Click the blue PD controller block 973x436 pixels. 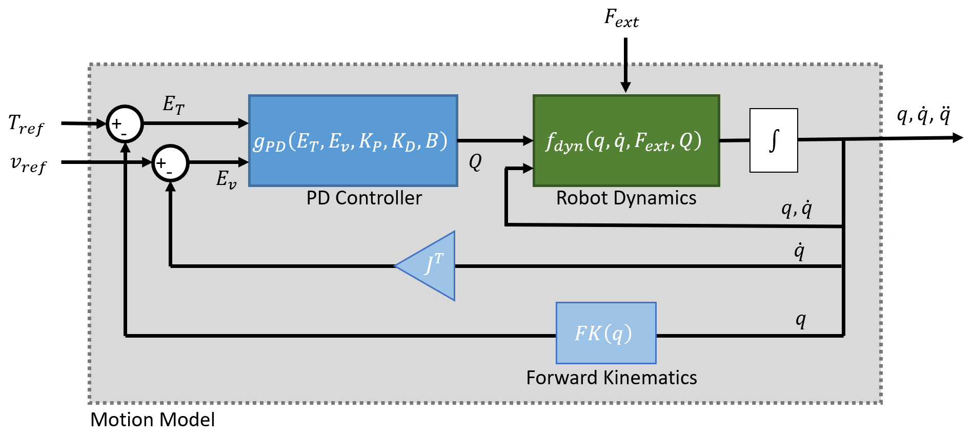353,140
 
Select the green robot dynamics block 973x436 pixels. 626,140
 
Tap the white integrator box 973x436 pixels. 773,140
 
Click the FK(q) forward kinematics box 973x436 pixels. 605,333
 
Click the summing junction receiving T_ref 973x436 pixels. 125,124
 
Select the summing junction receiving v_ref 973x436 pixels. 170,163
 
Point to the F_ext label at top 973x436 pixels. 621,19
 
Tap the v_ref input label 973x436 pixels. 29,164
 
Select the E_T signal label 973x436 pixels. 173,105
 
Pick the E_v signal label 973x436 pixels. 226,179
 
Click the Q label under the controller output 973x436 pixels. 475,162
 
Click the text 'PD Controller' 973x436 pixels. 364,198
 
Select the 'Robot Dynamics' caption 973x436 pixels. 626,198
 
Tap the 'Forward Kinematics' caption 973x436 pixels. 611,378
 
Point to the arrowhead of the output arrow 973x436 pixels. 958,138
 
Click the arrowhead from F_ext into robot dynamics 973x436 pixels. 625,87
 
